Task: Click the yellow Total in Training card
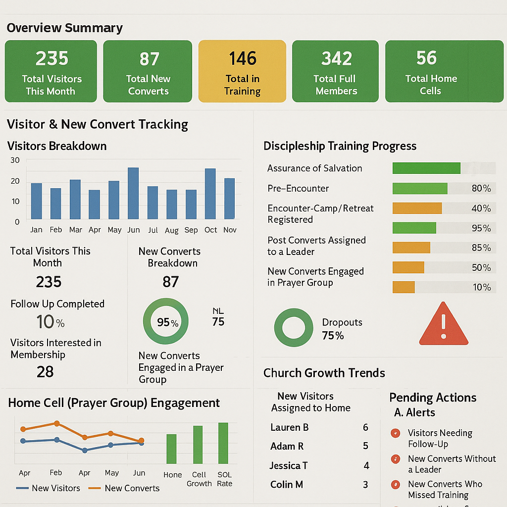coord(242,71)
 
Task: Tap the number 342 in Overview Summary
coord(336,59)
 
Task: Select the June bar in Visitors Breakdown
coord(133,193)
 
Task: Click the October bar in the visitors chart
coord(210,194)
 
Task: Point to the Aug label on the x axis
coord(171,230)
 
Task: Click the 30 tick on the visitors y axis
coord(15,160)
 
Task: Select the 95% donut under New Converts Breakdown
coord(165,322)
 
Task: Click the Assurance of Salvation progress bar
coord(426,168)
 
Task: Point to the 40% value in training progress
coord(481,208)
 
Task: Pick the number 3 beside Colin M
coord(365,485)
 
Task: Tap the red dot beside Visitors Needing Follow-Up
coord(395,433)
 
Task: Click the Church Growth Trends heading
coord(324,373)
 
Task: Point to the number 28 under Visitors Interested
coord(45,372)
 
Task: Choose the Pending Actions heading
coord(433,398)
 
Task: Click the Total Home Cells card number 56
coord(426,58)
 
